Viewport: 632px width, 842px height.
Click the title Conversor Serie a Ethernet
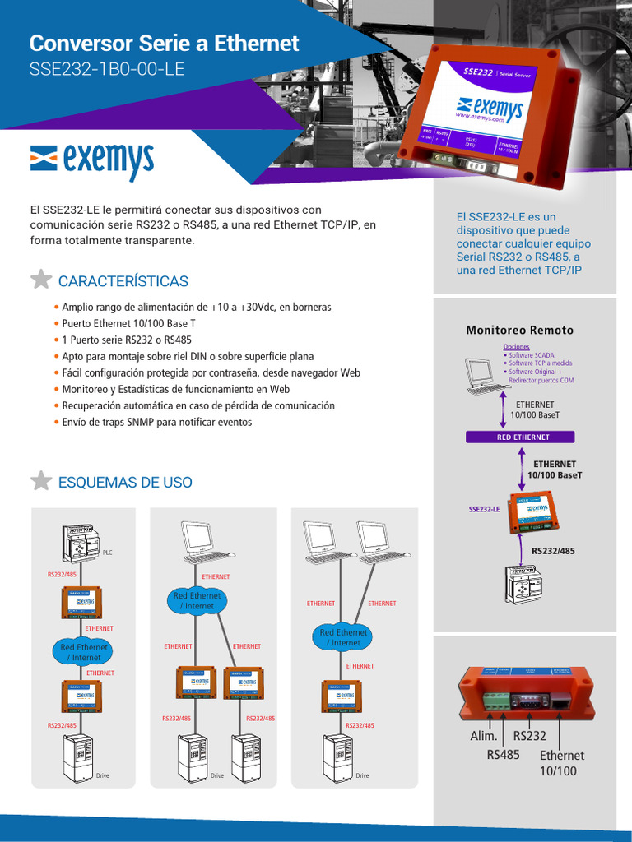click(165, 44)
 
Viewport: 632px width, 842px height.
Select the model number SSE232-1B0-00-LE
click(107, 70)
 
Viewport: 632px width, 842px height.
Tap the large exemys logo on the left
click(91, 161)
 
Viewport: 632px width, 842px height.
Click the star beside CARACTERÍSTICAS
click(41, 280)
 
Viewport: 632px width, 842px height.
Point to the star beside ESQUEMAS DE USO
click(41, 481)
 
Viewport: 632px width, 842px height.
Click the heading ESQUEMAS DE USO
click(125, 483)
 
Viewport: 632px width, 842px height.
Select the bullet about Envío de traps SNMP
click(156, 422)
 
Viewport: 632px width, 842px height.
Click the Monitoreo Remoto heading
click(519, 330)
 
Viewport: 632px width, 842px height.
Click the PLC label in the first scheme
click(107, 553)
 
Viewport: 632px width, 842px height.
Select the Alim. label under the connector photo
click(484, 737)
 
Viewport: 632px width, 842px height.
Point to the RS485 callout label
click(503, 754)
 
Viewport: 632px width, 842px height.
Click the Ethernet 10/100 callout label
click(561, 763)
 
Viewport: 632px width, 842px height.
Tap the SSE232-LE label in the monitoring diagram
click(485, 509)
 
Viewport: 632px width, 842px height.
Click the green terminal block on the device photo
click(496, 700)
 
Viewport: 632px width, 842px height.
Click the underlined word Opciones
click(516, 347)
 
